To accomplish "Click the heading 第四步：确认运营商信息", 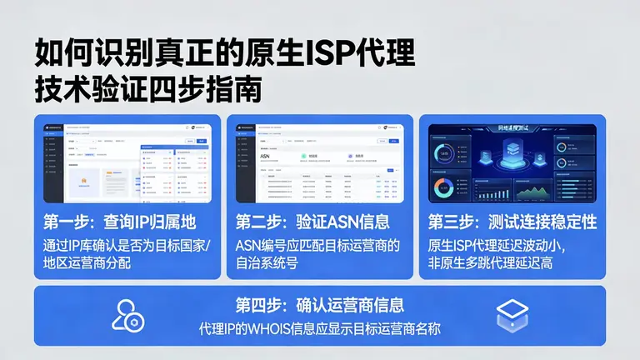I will point(320,305).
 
